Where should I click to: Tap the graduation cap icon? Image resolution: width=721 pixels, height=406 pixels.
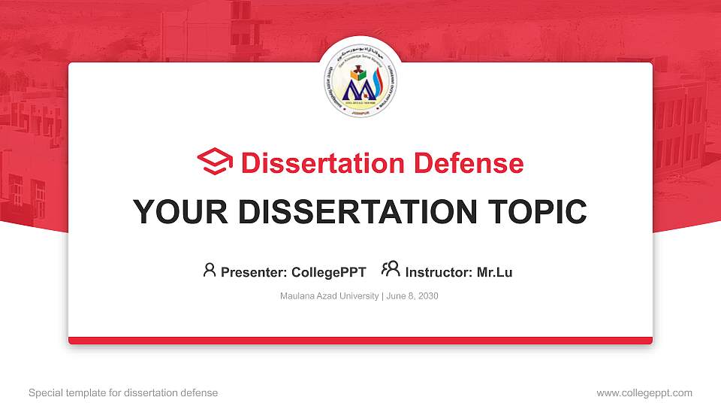pyautogui.click(x=216, y=162)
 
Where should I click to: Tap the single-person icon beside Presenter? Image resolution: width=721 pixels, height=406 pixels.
pyautogui.click(x=210, y=270)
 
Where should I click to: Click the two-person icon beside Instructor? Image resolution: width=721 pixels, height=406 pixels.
pyautogui.click(x=391, y=269)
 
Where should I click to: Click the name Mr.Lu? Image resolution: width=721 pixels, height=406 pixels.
pyautogui.click(x=494, y=272)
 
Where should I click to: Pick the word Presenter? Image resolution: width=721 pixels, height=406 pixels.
pyautogui.click(x=253, y=272)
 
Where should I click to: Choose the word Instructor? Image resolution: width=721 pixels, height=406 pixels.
pyautogui.click(x=439, y=272)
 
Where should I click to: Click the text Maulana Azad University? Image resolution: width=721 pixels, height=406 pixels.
pyautogui.click(x=329, y=296)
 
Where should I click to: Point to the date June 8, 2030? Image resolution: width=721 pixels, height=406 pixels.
pyautogui.click(x=412, y=296)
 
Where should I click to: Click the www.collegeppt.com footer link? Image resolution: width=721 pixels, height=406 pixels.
pyautogui.click(x=644, y=392)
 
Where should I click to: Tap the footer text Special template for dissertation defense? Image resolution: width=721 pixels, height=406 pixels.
pyautogui.click(x=123, y=392)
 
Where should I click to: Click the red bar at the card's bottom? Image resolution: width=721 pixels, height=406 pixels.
pyautogui.click(x=360, y=341)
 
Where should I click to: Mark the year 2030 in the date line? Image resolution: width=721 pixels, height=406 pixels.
pyautogui.click(x=427, y=296)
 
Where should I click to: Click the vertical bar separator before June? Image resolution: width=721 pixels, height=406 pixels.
pyautogui.click(x=383, y=296)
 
